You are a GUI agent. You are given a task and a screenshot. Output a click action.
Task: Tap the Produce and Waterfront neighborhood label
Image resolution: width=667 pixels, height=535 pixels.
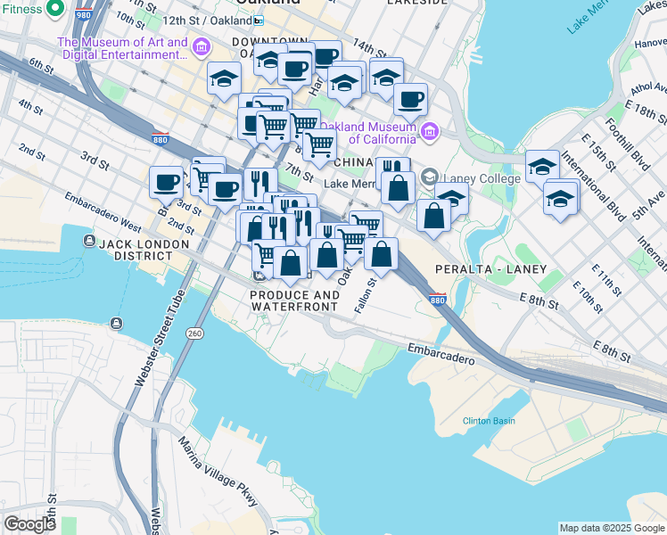pos(294,300)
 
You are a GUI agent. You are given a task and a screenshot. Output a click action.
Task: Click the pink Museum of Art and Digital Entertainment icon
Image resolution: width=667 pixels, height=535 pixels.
pos(202,46)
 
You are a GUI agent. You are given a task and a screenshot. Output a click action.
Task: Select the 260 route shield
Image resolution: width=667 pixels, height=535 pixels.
pos(194,333)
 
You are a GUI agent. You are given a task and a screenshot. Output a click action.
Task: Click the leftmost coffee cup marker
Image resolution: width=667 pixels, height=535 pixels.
pos(166,182)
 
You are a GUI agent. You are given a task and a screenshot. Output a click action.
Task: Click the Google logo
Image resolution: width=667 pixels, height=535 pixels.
pos(29,524)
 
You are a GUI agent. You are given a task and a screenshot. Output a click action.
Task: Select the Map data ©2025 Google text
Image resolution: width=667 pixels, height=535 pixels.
pos(611,528)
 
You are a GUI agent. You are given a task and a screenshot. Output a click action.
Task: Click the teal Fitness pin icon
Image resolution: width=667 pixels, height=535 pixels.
pos(55,7)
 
